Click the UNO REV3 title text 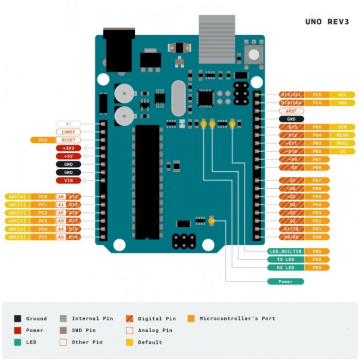327,22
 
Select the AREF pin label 291,111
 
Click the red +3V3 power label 68,148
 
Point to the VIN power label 68,181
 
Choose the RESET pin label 68,140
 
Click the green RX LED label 285,267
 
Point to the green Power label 285,281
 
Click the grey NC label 68,124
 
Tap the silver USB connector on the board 217,39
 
